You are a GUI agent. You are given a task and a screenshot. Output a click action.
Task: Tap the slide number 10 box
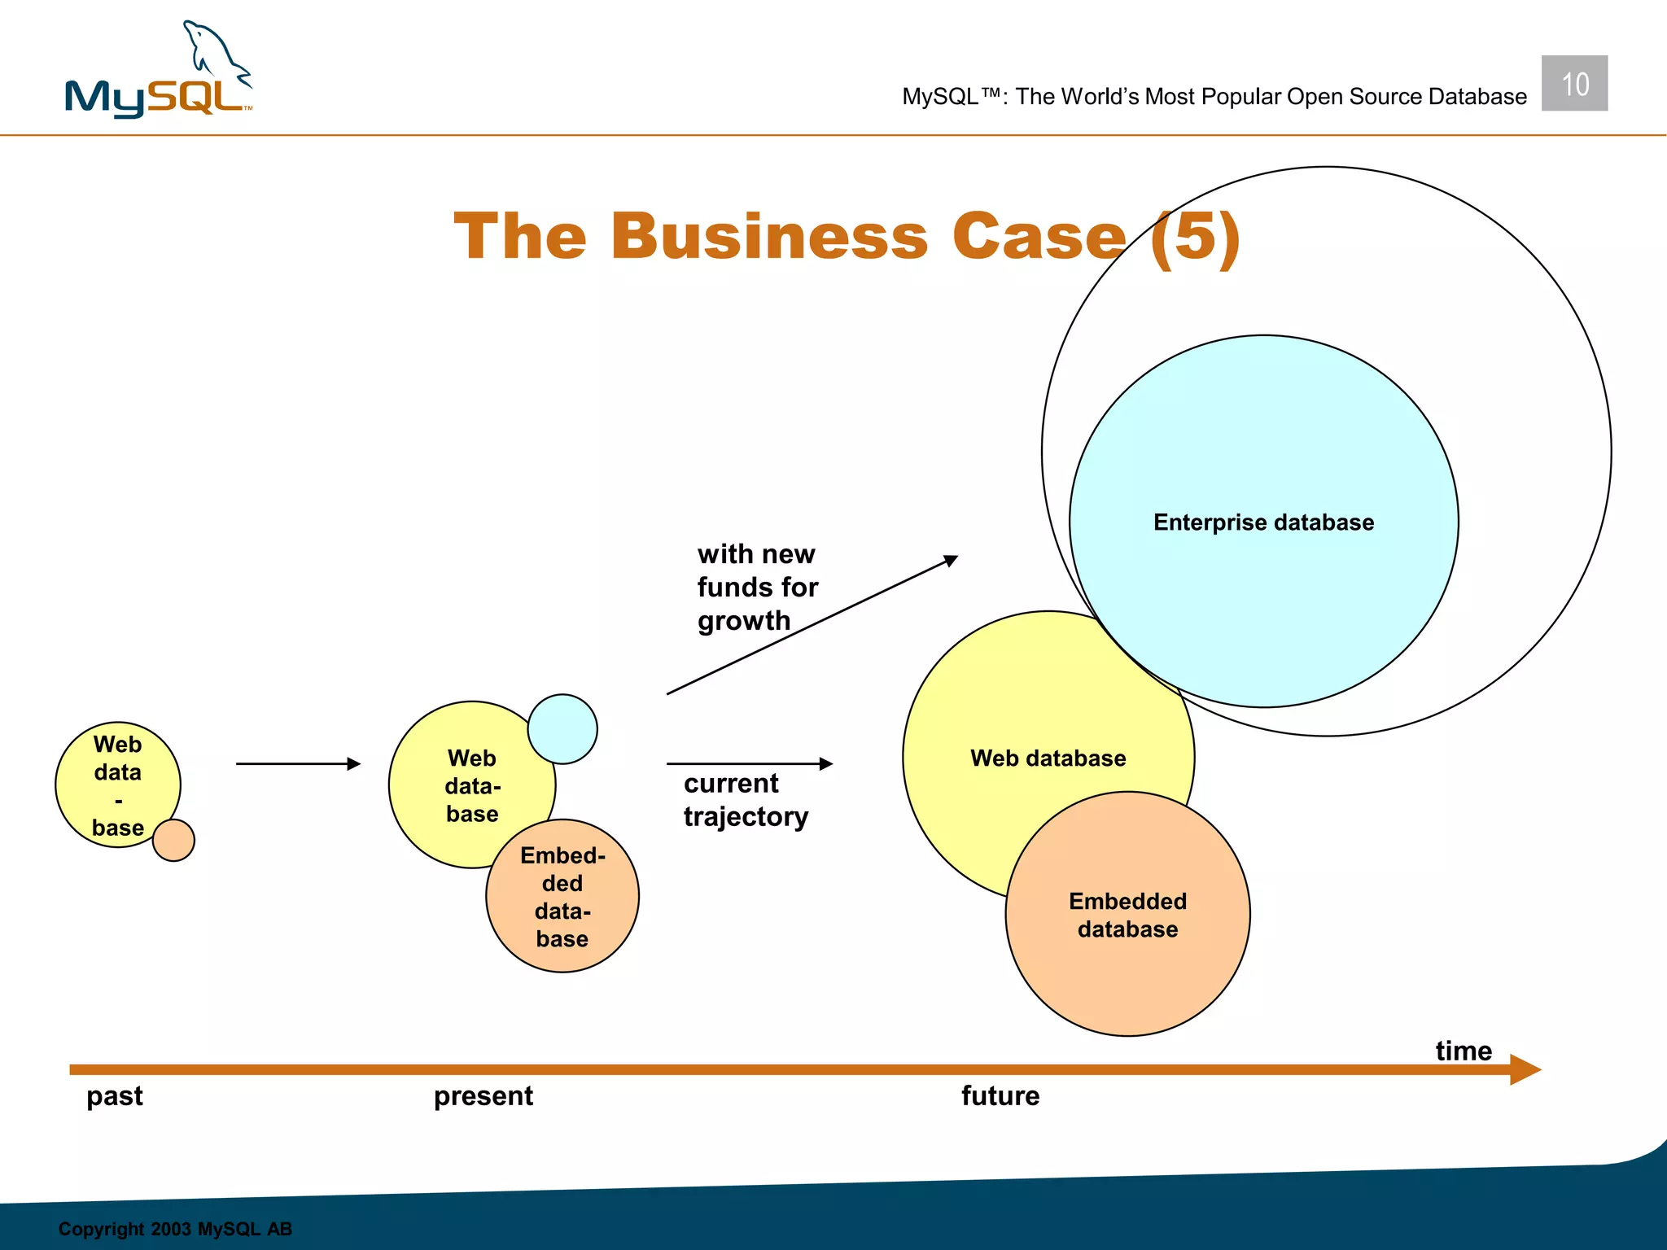[x=1573, y=83]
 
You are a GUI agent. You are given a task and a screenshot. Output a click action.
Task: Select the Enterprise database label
[x=1263, y=522]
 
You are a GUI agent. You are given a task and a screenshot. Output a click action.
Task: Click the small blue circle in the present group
[x=562, y=729]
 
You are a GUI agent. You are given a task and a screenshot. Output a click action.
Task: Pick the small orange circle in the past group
[x=173, y=840]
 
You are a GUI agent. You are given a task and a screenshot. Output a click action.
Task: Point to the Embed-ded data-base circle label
[x=562, y=897]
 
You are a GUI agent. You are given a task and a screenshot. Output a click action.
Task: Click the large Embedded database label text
[x=1127, y=915]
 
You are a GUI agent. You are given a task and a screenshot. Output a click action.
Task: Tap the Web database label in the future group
[x=1048, y=758]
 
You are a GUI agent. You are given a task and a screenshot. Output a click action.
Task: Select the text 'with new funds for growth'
[x=756, y=587]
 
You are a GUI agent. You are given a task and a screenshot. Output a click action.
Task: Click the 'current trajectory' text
[x=745, y=799]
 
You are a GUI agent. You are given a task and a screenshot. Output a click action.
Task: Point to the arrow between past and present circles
[x=297, y=763]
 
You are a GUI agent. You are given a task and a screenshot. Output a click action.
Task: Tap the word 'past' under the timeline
[x=115, y=1095]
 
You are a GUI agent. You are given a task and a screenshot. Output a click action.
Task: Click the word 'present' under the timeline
[x=483, y=1095]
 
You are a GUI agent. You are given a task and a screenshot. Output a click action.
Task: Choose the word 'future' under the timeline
[x=1000, y=1095]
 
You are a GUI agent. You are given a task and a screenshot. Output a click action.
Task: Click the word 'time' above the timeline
[x=1463, y=1051]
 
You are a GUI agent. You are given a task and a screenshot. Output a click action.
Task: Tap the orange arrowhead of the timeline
[x=1525, y=1069]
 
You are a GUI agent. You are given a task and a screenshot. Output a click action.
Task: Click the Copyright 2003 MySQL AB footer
[x=175, y=1228]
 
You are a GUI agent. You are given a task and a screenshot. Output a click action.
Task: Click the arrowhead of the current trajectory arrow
[x=825, y=763]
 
